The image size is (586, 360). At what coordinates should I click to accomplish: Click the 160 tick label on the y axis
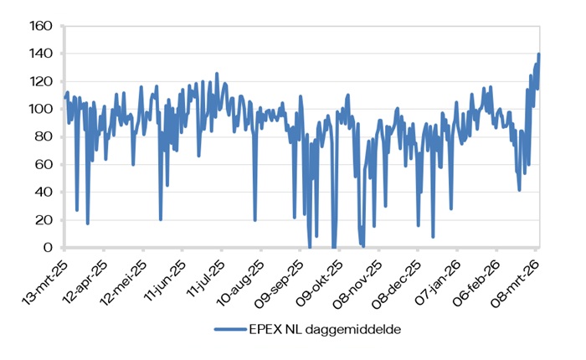[x=42, y=26]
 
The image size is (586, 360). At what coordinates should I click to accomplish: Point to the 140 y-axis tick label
[x=42, y=54]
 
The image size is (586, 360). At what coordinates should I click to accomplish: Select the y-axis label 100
[x=42, y=109]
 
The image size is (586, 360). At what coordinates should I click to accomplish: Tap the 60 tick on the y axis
[x=45, y=165]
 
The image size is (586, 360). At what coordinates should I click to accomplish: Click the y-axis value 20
[x=45, y=220]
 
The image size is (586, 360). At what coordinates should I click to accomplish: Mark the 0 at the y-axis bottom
[x=49, y=248]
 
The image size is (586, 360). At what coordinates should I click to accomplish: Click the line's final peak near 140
[x=539, y=54]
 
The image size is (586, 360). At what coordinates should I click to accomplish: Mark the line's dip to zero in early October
[x=334, y=247]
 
